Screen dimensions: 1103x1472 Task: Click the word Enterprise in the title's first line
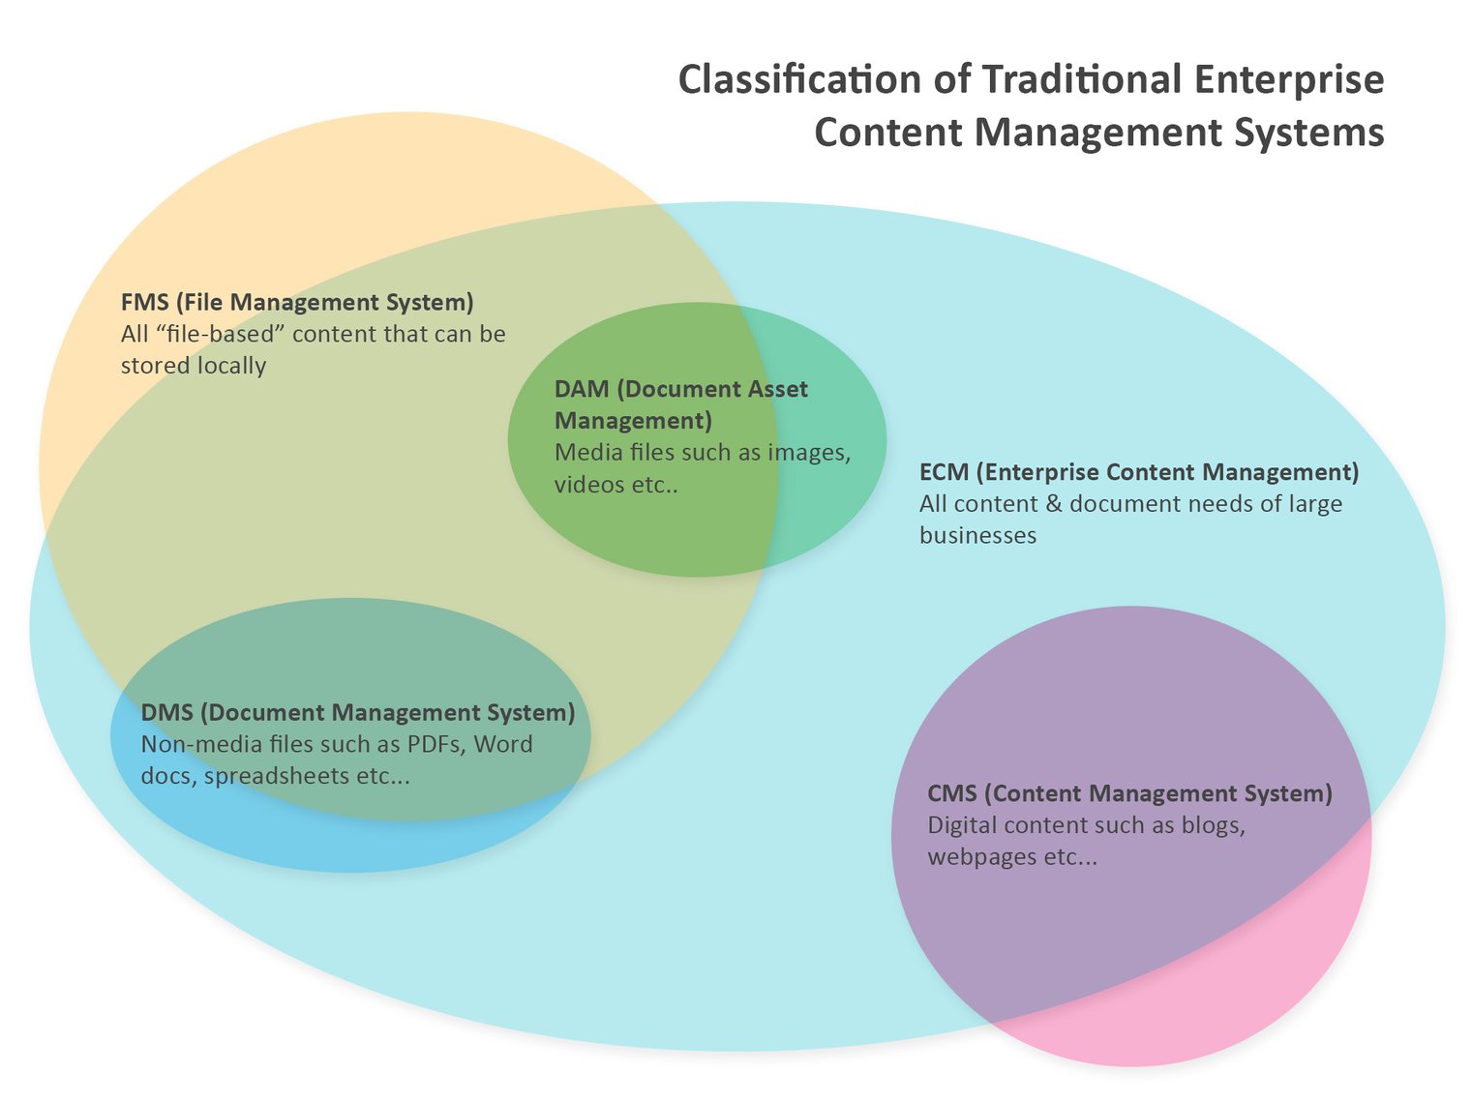pyautogui.click(x=1289, y=79)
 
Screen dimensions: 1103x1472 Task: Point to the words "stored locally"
pyautogui.click(x=193, y=366)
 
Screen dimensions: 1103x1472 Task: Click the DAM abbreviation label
pyautogui.click(x=581, y=389)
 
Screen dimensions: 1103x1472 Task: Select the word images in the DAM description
pyautogui.click(x=808, y=453)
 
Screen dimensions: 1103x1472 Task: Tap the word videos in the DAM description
pyautogui.click(x=588, y=485)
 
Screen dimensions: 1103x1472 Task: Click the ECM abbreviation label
pyautogui.click(x=944, y=472)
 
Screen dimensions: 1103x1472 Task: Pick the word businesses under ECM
pyautogui.click(x=977, y=536)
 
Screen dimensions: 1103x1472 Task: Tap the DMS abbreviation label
pyautogui.click(x=166, y=713)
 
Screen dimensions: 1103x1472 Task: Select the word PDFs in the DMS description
pyautogui.click(x=434, y=745)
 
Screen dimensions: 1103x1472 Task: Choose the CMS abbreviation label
pyautogui.click(x=951, y=793)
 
